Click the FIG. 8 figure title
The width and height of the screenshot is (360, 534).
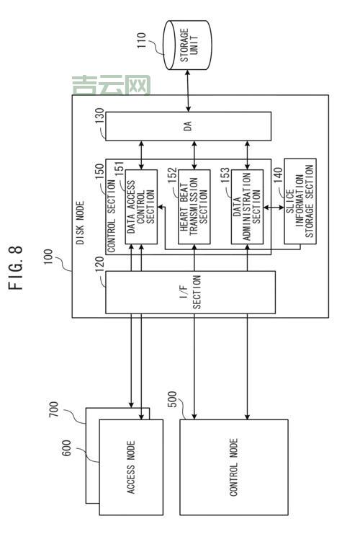click(x=16, y=269)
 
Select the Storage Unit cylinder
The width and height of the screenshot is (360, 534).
click(x=188, y=45)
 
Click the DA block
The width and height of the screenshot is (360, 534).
click(x=189, y=127)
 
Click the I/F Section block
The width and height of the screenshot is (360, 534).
click(x=191, y=292)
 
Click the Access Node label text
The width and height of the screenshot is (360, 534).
click(x=132, y=468)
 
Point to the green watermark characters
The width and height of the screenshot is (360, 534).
click(x=112, y=86)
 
